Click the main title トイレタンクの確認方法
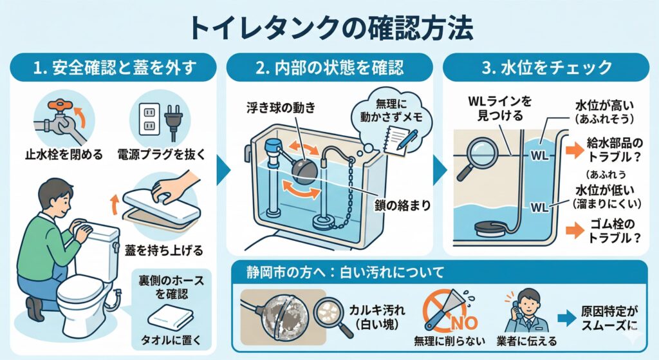329,27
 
